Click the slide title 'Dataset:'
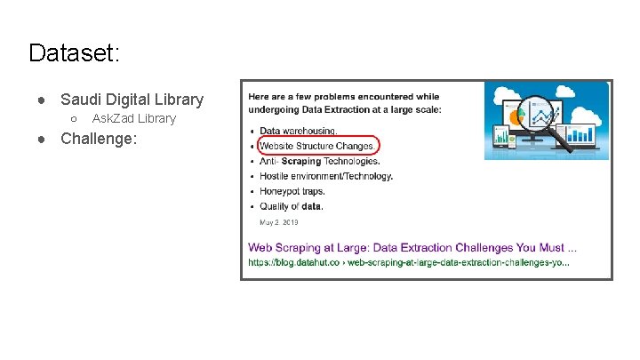pyautogui.click(x=74, y=53)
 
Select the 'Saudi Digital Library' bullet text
pyautogui.click(x=132, y=100)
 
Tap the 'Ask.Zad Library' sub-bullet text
pyautogui.click(x=134, y=118)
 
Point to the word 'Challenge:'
pyautogui.click(x=99, y=138)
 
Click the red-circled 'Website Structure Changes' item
pyautogui.click(x=317, y=146)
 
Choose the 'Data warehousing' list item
pyautogui.click(x=298, y=131)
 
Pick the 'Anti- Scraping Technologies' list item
pyautogui.click(x=319, y=161)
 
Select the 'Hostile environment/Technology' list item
pyautogui.click(x=325, y=176)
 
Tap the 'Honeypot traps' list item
pyautogui.click(x=292, y=191)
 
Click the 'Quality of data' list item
pyautogui.click(x=292, y=206)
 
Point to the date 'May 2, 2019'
pyautogui.click(x=279, y=222)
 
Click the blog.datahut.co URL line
pyautogui.click(x=408, y=262)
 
